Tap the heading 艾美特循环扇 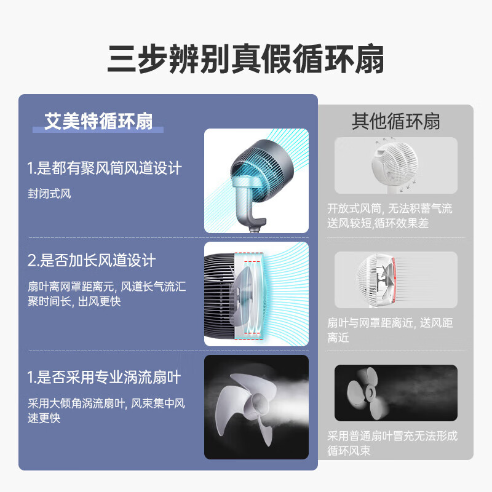98,121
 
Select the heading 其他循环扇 395,121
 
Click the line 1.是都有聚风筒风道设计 105,168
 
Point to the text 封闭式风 50,194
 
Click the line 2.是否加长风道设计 92,260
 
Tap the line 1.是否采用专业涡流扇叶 105,376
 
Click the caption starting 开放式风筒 389,216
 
